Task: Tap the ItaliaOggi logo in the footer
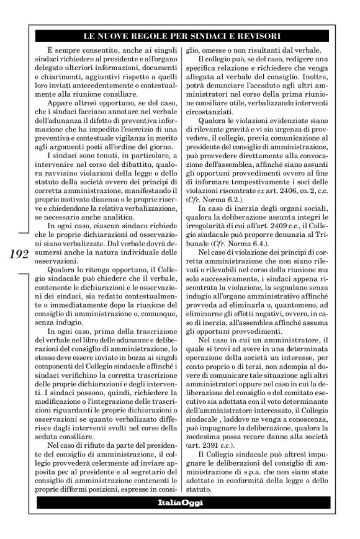click(x=180, y=512)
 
